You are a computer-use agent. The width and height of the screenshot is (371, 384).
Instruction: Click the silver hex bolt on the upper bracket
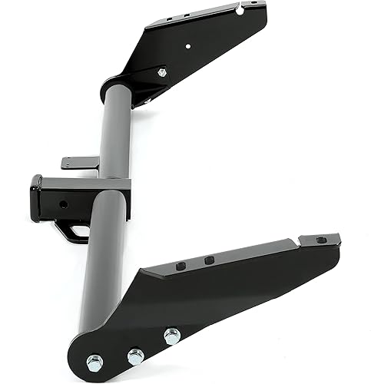[161, 72]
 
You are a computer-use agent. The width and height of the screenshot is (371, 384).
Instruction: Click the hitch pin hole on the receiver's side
[63, 204]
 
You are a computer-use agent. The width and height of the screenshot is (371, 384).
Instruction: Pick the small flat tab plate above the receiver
[81, 162]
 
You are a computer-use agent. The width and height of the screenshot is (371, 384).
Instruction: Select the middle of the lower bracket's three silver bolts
[135, 356]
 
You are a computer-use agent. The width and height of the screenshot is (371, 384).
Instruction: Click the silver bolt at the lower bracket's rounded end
[94, 362]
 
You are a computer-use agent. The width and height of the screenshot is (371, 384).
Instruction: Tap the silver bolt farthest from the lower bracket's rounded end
[171, 336]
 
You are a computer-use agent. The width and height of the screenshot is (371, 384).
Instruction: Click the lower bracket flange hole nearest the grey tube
[181, 266]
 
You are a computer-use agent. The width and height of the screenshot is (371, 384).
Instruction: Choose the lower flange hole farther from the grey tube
[209, 260]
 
